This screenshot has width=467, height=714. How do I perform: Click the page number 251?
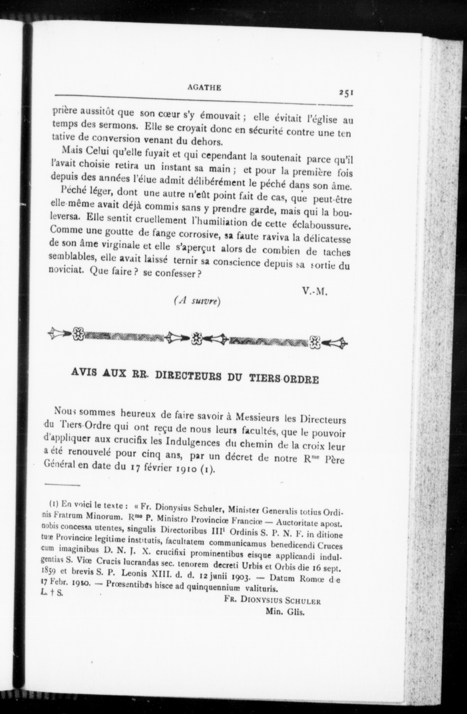pos(346,93)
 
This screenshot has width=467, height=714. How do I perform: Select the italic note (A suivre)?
pos(197,301)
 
